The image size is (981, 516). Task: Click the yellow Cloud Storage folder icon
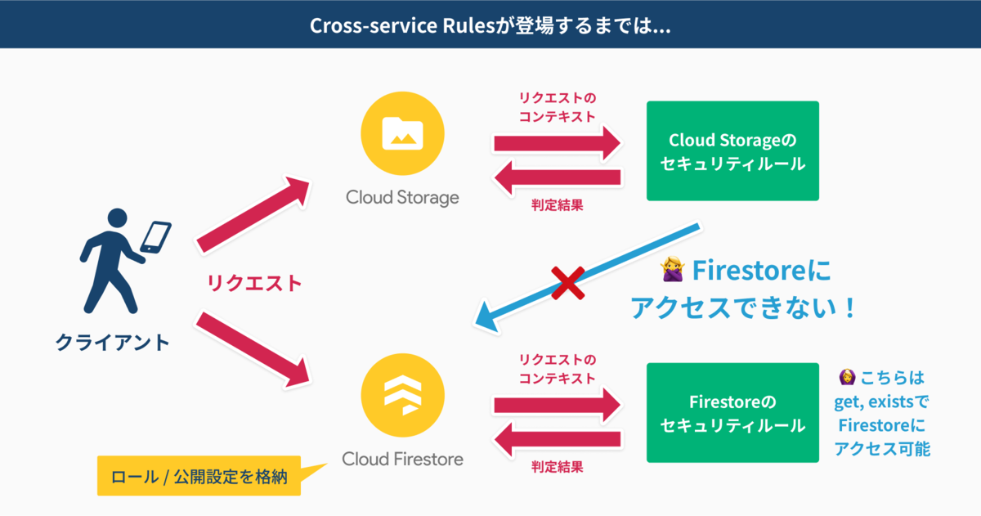[402, 133]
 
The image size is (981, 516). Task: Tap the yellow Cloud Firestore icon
[402, 397]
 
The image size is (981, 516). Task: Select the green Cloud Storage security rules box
[732, 151]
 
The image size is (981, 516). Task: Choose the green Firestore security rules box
[732, 414]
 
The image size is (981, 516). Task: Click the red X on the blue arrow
[566, 283]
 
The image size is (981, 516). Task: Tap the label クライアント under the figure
[112, 341]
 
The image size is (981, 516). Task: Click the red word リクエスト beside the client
[254, 284]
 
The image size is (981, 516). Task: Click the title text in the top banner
[490, 25]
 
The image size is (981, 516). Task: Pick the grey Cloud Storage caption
[402, 197]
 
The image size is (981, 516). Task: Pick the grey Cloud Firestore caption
[402, 460]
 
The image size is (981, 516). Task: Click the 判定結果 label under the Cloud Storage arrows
[557, 205]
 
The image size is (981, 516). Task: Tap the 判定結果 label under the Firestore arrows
[557, 467]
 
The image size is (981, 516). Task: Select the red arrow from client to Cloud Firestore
[254, 349]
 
